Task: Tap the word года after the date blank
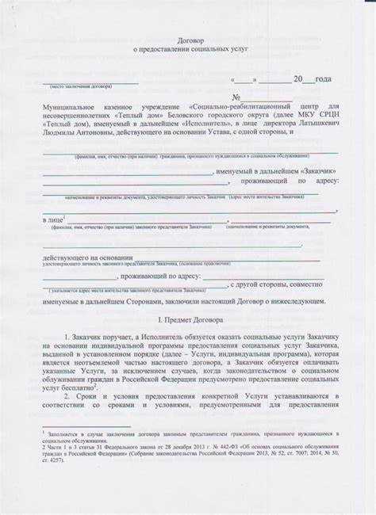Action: pyautogui.click(x=323, y=79)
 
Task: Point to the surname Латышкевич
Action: pyautogui.click(x=316, y=124)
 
